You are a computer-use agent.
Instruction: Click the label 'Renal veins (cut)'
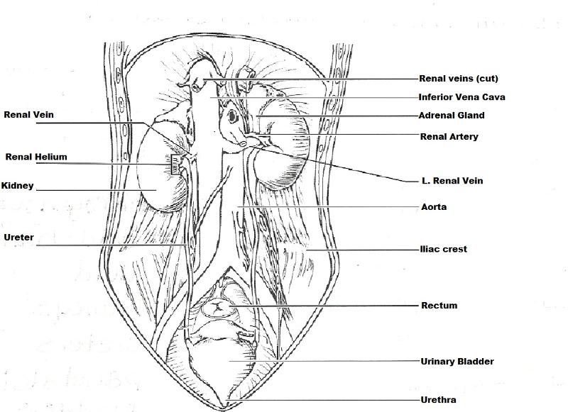click(x=458, y=78)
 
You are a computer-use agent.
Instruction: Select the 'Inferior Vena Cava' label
click(x=461, y=97)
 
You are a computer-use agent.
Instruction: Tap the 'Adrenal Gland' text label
click(x=452, y=115)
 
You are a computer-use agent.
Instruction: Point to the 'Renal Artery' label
click(x=449, y=136)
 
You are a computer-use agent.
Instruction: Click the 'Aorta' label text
click(x=433, y=207)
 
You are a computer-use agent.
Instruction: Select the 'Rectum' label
click(x=439, y=306)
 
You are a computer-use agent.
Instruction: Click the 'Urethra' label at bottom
click(x=438, y=400)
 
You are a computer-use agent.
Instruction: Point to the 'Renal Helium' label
click(x=36, y=157)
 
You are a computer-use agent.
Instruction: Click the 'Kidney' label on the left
click(x=18, y=186)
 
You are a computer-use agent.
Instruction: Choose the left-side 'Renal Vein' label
click(x=28, y=113)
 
